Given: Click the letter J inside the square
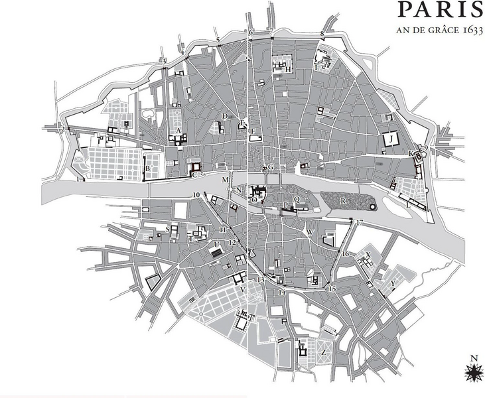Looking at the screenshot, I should pyautogui.click(x=393, y=138).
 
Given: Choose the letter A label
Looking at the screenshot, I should pyautogui.click(x=178, y=131).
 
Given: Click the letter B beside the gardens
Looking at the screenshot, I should pyautogui.click(x=148, y=168).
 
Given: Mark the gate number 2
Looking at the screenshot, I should pyautogui.click(x=62, y=129).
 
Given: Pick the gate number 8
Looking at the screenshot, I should pyautogui.click(x=322, y=33).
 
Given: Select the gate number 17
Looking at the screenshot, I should pyautogui.click(x=359, y=223).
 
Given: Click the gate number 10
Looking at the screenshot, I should pyautogui.click(x=196, y=194).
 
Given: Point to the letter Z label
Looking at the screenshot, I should pyautogui.click(x=323, y=352).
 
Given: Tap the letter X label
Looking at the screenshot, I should pyautogui.click(x=368, y=254).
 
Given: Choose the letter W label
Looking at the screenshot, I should pyautogui.click(x=310, y=232).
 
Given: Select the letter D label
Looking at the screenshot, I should pyautogui.click(x=225, y=116).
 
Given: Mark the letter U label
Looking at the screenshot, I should pyautogui.click(x=216, y=245).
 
